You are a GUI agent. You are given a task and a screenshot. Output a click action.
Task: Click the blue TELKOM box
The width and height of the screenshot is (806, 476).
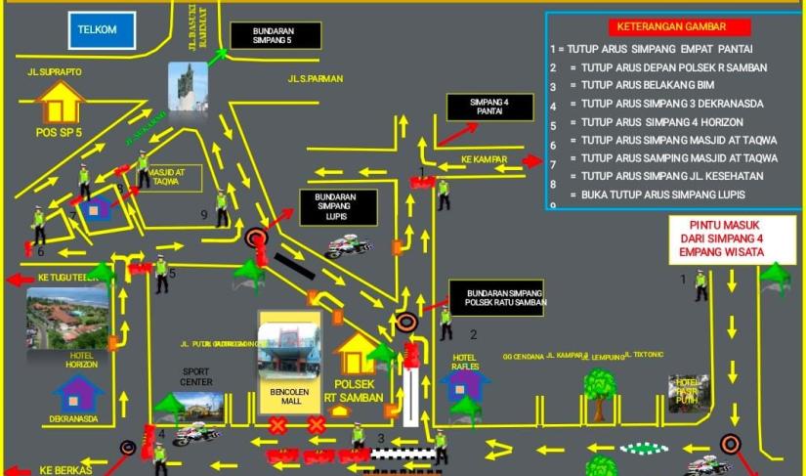click(97, 30)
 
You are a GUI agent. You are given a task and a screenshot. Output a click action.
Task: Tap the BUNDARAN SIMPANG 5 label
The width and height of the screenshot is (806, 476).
click(275, 36)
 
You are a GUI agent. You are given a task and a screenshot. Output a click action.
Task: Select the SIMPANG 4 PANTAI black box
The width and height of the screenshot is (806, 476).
click(489, 108)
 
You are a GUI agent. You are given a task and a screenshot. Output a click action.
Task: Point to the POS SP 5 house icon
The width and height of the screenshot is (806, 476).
click(61, 102)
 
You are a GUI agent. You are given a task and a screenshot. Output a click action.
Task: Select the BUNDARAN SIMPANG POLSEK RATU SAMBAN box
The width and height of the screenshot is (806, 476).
click(496, 297)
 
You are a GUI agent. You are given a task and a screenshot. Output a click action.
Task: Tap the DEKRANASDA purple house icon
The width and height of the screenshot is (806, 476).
click(78, 393)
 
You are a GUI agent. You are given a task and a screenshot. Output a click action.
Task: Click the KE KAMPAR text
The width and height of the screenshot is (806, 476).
click(481, 158)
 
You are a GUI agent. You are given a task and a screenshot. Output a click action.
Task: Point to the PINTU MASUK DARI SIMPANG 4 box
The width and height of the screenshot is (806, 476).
click(718, 238)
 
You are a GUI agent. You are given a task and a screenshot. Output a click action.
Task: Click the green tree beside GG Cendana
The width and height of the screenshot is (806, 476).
click(600, 387)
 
